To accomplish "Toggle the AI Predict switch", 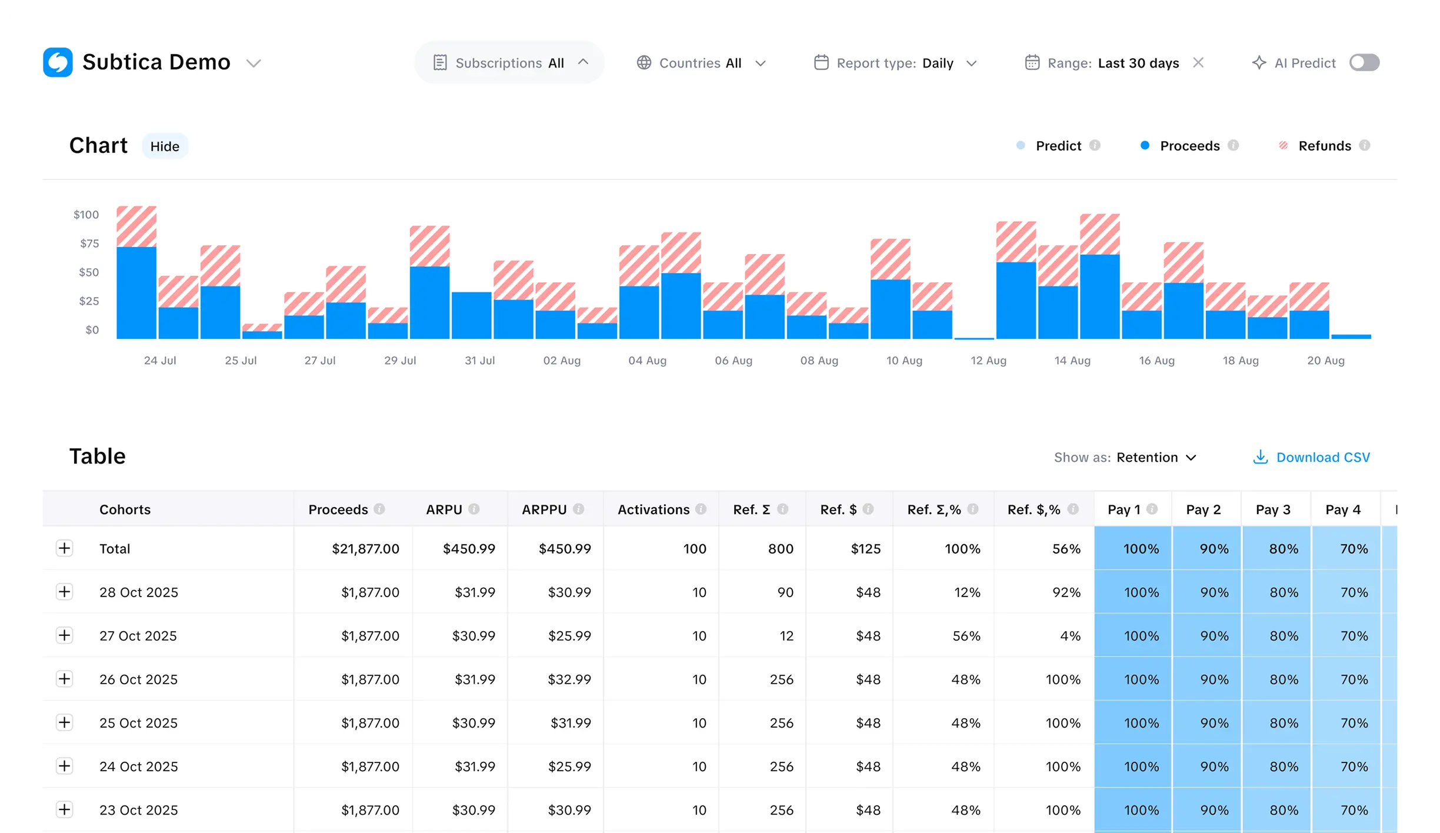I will [x=1364, y=62].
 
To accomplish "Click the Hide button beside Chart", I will [x=165, y=146].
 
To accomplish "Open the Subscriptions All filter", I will [x=509, y=63].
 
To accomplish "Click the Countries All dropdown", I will [x=701, y=63].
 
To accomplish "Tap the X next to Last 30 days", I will [x=1198, y=62].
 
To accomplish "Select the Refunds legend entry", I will [x=1324, y=146].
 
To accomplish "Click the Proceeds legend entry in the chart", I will [x=1189, y=146].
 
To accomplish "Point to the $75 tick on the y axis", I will [x=89, y=244].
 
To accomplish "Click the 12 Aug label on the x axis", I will [x=988, y=361].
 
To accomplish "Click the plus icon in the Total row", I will [x=65, y=548].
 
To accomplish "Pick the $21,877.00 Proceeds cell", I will [x=365, y=549].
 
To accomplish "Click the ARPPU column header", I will [x=544, y=509].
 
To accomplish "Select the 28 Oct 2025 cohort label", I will [x=139, y=592].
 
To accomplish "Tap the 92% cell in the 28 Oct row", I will [x=1066, y=592].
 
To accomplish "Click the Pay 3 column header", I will [x=1273, y=509].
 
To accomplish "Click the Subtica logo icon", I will [x=58, y=62].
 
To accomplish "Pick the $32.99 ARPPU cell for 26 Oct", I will [x=569, y=679].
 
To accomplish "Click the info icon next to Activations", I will [x=701, y=509].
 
